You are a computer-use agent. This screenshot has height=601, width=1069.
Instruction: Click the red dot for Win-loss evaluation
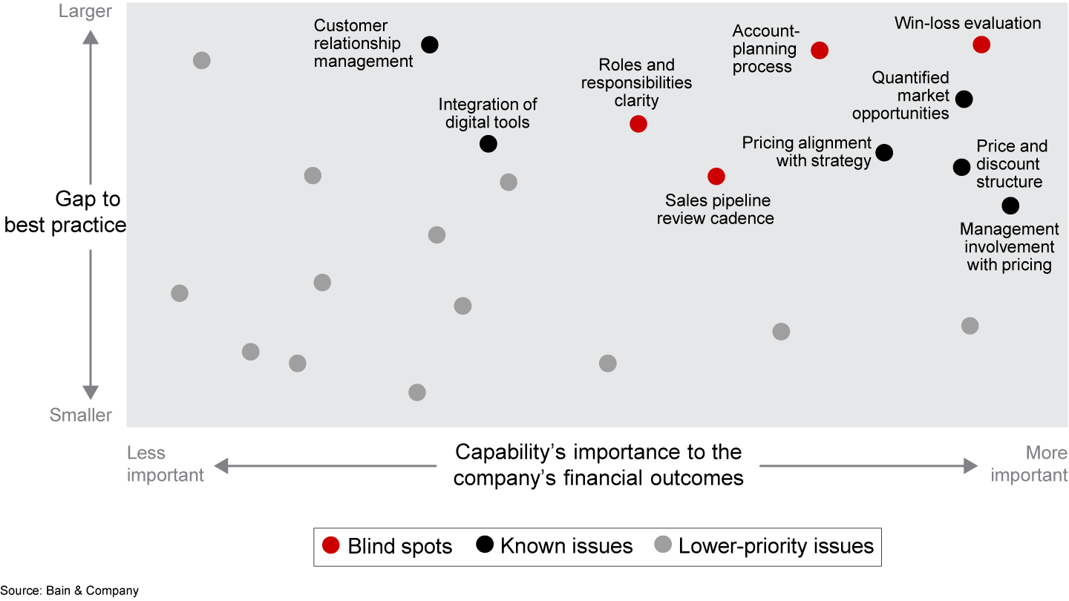[x=981, y=45]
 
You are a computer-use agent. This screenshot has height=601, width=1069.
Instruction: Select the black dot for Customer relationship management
[x=429, y=45]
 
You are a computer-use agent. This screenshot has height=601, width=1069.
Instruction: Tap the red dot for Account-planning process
[x=820, y=50]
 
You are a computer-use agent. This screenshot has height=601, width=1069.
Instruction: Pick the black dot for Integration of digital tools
[x=488, y=143]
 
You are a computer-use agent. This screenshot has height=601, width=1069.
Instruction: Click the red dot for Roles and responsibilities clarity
[x=638, y=124]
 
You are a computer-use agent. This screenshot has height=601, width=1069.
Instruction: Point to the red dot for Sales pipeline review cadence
[x=716, y=176]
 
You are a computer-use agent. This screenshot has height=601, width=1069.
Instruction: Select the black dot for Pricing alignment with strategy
[x=884, y=152]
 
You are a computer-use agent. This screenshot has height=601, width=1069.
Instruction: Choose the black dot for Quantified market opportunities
[x=964, y=99]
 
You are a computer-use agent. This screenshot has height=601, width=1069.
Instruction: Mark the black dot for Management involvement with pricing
[x=1010, y=206]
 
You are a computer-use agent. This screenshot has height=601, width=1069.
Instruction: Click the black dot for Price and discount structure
[x=961, y=167]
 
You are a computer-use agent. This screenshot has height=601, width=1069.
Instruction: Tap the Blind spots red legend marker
[x=331, y=546]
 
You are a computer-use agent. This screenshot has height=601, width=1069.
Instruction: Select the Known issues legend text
[x=566, y=547]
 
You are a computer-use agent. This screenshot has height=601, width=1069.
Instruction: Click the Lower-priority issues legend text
[x=776, y=547]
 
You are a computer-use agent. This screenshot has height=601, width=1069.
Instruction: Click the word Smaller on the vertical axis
[x=81, y=416]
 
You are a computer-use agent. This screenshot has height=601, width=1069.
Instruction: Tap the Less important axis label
[x=165, y=464]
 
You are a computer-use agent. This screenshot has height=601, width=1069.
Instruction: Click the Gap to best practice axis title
[x=65, y=212]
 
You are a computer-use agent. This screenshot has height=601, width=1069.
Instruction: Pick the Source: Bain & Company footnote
[x=70, y=591]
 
